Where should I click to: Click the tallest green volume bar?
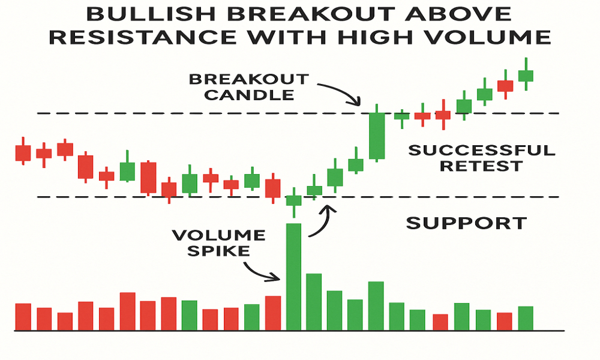(x=293, y=277)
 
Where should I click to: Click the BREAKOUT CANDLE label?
(x=249, y=87)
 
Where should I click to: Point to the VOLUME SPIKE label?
(x=218, y=243)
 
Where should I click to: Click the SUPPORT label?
(x=466, y=223)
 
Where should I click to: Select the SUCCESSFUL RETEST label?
(x=482, y=158)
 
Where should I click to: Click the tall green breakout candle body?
(x=377, y=136)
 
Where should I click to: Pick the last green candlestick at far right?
(x=526, y=74)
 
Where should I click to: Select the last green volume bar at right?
(x=526, y=318)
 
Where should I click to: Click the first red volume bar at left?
(x=23, y=317)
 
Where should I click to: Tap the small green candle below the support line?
(x=294, y=200)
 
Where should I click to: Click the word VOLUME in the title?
(x=488, y=37)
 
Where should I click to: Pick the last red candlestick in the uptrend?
(x=505, y=85)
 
